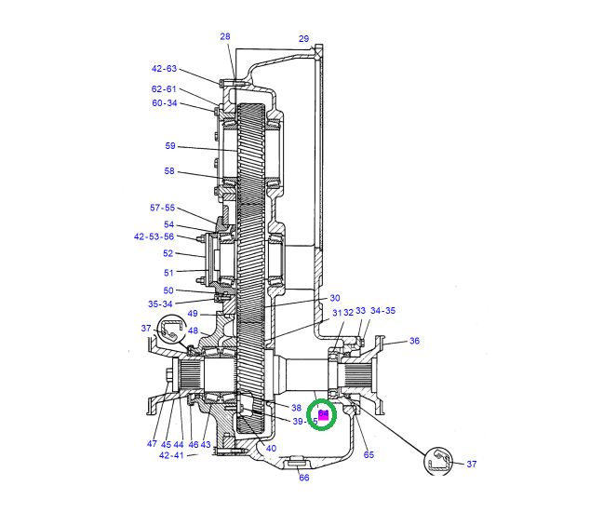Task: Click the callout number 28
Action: coord(224,36)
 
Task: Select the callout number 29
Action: coord(303,38)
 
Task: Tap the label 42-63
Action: coord(164,69)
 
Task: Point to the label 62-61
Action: coord(164,89)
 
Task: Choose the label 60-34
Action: coord(164,103)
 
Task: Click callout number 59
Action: coord(169,146)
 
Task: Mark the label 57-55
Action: coord(162,208)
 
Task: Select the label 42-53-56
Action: coord(154,236)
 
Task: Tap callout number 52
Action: coord(168,253)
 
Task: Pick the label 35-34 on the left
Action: coord(160,303)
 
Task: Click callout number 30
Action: coord(335,298)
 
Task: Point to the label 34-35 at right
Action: coord(382,311)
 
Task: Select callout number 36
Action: coord(414,341)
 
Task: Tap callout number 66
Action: coord(303,478)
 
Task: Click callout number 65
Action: coord(369,455)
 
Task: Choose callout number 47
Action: coord(152,444)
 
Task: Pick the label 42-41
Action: coord(170,455)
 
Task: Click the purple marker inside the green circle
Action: coord(323,414)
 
